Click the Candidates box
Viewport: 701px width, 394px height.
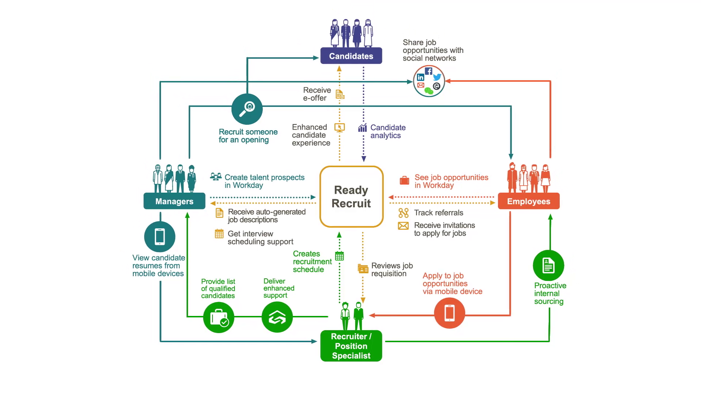[x=351, y=56]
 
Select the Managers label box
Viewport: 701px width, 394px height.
[x=174, y=201]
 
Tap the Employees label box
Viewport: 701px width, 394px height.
[x=528, y=201]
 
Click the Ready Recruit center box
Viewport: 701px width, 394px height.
[x=351, y=197]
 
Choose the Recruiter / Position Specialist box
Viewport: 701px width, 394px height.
[x=351, y=346]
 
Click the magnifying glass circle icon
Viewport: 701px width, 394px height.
[x=247, y=109]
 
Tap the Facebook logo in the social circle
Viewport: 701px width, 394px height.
[x=429, y=71]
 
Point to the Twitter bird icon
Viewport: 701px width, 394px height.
[x=437, y=77]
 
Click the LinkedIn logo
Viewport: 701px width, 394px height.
[x=421, y=77]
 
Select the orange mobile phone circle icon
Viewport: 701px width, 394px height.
[x=449, y=313]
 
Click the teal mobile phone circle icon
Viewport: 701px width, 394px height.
[x=160, y=237]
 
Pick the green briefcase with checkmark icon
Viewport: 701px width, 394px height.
[x=219, y=317]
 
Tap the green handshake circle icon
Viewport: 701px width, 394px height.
[x=277, y=317]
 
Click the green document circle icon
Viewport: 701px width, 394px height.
[x=548, y=266]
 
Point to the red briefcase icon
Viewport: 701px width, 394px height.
[x=405, y=181]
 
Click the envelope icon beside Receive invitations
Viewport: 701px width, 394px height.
[x=403, y=226]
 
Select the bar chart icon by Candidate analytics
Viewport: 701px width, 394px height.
[x=363, y=128]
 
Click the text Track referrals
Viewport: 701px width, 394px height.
[x=438, y=213]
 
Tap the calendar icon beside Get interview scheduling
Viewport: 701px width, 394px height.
[x=219, y=234]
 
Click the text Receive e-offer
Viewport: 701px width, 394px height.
[x=317, y=94]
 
